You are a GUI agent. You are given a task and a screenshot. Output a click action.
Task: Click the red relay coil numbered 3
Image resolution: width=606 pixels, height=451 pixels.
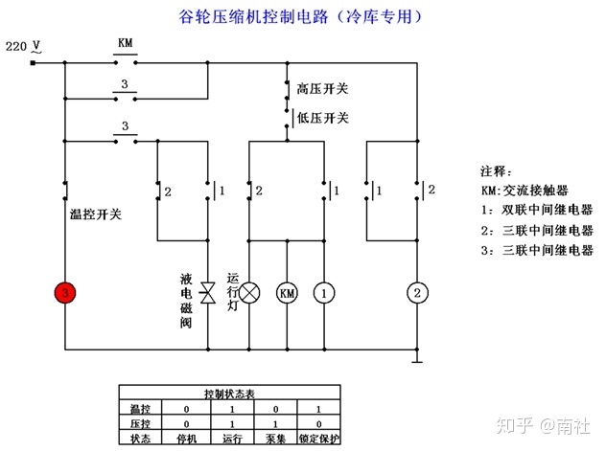click(64, 293)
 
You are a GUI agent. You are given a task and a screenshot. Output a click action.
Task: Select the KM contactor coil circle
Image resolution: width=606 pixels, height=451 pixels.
click(287, 293)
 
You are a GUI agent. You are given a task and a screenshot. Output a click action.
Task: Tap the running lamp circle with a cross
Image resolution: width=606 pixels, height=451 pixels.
click(249, 293)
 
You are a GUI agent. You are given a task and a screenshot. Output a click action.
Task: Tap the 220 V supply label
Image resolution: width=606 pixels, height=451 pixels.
click(23, 46)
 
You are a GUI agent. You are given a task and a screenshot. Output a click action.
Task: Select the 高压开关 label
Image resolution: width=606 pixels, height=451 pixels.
click(322, 89)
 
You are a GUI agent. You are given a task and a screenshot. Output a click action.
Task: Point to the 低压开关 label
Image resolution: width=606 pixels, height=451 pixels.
click(322, 118)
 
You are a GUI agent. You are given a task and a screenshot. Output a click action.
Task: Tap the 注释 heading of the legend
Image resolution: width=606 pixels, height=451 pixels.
click(498, 170)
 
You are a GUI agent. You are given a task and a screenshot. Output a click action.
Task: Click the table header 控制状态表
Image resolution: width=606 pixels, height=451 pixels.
click(229, 394)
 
